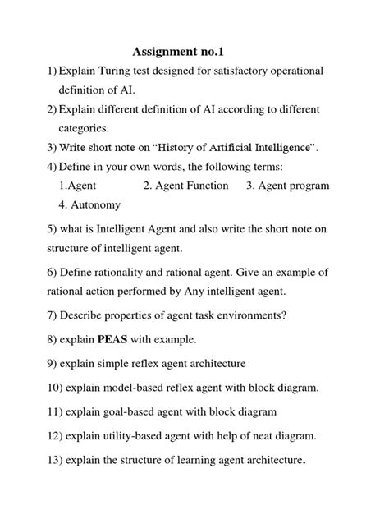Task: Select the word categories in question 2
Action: point(89,128)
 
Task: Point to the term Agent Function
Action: point(185,186)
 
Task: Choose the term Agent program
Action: point(288,186)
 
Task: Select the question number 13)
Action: point(35,459)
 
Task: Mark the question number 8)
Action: point(31,338)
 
